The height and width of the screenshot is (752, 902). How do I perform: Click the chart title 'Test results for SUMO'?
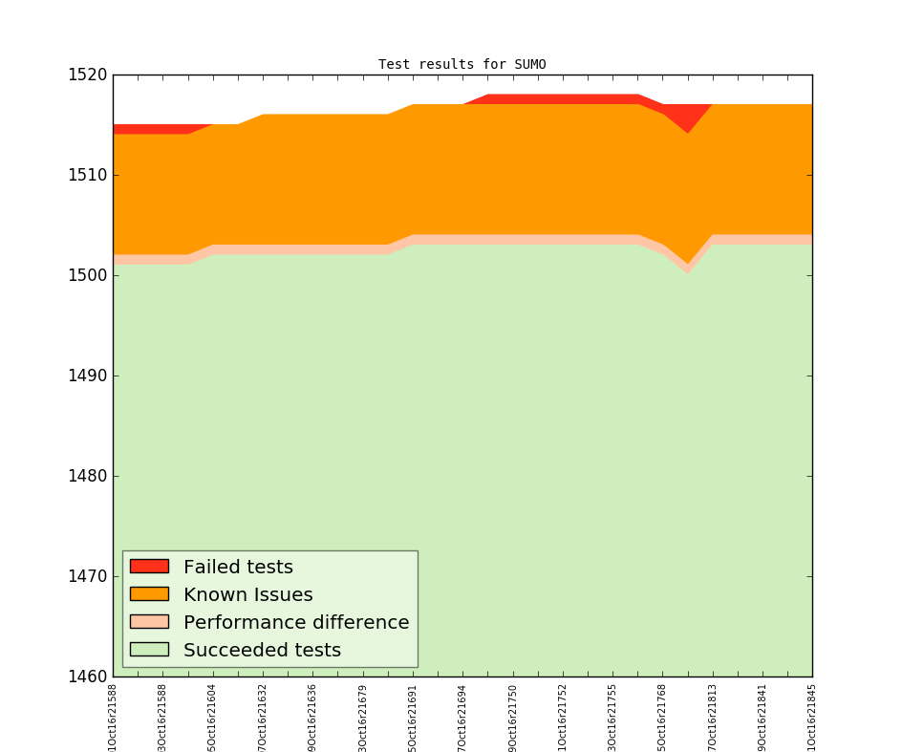[462, 65]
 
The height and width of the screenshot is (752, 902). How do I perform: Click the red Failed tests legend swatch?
[149, 567]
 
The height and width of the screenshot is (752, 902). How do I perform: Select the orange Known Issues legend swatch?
[149, 594]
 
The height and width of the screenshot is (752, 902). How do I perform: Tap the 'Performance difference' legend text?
[296, 623]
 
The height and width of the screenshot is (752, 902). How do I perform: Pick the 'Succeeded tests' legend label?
[262, 651]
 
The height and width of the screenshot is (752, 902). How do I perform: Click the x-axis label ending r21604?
[212, 716]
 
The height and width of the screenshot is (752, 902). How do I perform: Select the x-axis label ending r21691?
[413, 716]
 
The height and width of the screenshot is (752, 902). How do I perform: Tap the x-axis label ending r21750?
[513, 716]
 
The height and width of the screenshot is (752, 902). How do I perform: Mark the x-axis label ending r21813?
[713, 716]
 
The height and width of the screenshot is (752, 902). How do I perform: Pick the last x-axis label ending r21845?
[811, 716]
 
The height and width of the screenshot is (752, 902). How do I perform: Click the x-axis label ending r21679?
[362, 716]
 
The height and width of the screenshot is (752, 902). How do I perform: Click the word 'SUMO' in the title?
[529, 65]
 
